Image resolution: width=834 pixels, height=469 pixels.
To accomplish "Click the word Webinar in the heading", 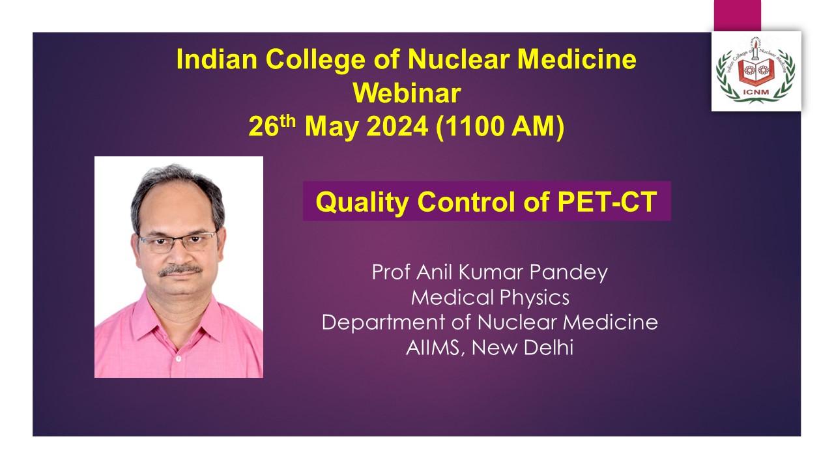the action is [407, 93].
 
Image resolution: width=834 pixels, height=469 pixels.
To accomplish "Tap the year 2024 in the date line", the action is [397, 126].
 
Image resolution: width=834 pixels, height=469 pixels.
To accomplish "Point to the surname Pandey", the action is [569, 273].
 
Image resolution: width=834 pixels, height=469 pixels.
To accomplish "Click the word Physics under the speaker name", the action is [534, 298].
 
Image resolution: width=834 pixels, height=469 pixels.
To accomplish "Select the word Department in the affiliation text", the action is [383, 322].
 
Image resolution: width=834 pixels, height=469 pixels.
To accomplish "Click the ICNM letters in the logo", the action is [756, 92].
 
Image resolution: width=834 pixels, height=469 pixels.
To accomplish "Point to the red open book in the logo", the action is [756, 72].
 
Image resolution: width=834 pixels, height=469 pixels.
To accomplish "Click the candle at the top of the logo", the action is [755, 48].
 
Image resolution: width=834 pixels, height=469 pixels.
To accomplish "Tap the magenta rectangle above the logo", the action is [737, 15].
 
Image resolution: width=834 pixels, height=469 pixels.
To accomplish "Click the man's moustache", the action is [180, 270].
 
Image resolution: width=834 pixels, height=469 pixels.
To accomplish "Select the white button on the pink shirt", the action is [179, 359].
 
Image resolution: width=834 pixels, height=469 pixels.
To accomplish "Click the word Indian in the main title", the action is [217, 59].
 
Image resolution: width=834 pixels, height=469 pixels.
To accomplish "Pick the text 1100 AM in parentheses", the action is [500, 126].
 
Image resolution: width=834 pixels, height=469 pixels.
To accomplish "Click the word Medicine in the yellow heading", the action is [577, 59].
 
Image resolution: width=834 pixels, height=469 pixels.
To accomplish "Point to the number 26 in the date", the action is [264, 126].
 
